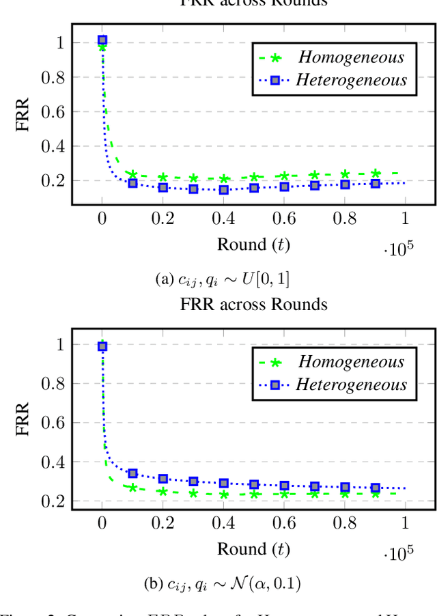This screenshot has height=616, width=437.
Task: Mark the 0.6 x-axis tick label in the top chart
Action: coord(284,218)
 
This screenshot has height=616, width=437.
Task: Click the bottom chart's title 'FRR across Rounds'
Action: coord(254,304)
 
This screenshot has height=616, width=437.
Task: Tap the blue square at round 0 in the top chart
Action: coord(102,40)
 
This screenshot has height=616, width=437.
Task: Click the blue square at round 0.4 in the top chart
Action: coord(223,190)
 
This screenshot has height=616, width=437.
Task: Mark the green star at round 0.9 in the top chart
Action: coord(376,173)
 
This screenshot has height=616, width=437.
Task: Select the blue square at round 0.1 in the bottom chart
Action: coord(132,473)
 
